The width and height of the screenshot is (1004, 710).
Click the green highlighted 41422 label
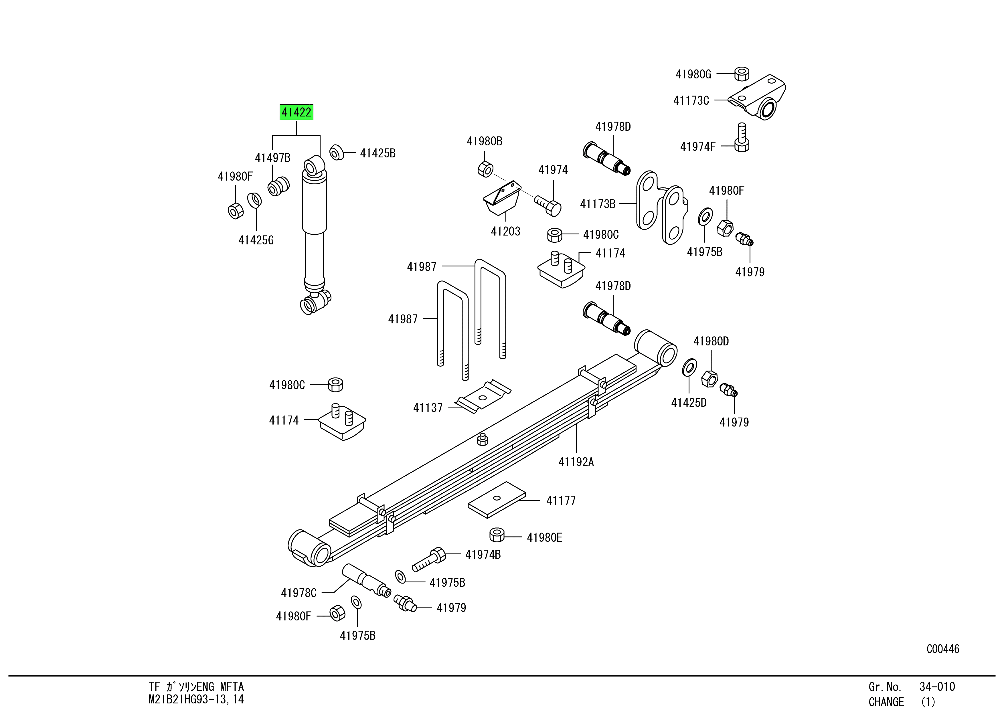point(297,112)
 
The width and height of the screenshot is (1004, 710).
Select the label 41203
point(505,231)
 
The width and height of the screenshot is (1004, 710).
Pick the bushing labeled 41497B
point(278,186)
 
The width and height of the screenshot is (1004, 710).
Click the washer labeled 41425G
point(254,200)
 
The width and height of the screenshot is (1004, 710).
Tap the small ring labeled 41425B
point(336,153)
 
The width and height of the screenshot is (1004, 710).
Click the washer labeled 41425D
point(689,366)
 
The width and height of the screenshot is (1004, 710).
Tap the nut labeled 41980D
point(709,378)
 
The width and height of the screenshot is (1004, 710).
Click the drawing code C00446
point(942,649)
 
